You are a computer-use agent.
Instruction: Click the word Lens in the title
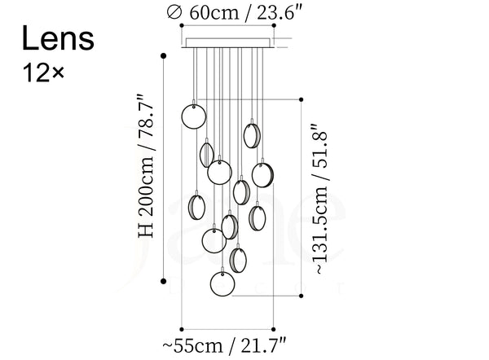tap(58, 38)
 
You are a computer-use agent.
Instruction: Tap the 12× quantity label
tap(43, 73)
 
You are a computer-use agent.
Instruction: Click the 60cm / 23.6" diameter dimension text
tap(246, 13)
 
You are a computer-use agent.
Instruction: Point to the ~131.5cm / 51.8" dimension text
tap(320, 200)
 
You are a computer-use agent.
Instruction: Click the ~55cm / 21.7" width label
tap(224, 345)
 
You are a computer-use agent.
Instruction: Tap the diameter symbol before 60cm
tap(174, 12)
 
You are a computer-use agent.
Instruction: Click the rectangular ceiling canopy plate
tap(228, 43)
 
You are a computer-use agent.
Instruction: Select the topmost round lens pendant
tap(194, 116)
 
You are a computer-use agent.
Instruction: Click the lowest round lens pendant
tap(222, 284)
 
